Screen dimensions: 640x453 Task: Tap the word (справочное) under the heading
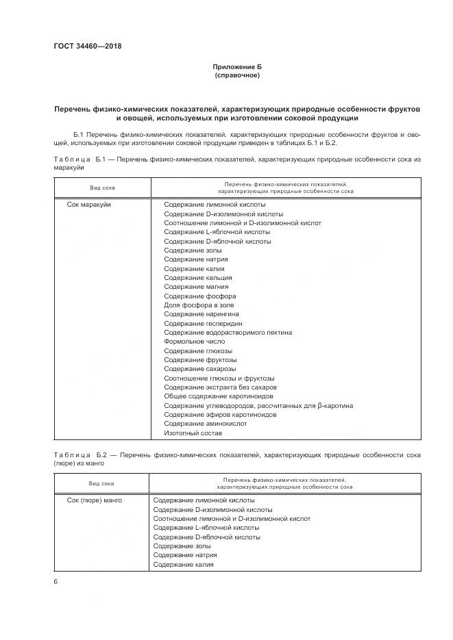(x=238, y=75)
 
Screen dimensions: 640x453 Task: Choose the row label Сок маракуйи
(x=89, y=205)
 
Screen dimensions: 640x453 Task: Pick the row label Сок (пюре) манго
(x=95, y=500)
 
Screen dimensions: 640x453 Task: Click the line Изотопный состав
(x=193, y=433)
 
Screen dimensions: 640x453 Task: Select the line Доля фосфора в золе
(x=198, y=305)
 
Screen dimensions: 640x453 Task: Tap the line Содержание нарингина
(x=201, y=314)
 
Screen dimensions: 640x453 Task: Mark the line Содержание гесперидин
(x=203, y=323)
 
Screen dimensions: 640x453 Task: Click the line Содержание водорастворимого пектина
(x=228, y=333)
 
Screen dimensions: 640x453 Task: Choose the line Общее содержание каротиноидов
(x=219, y=396)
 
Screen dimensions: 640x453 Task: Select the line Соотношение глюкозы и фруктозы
(x=219, y=378)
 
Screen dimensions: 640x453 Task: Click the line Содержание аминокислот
(x=206, y=424)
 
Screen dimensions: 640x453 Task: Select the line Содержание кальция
(x=198, y=278)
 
